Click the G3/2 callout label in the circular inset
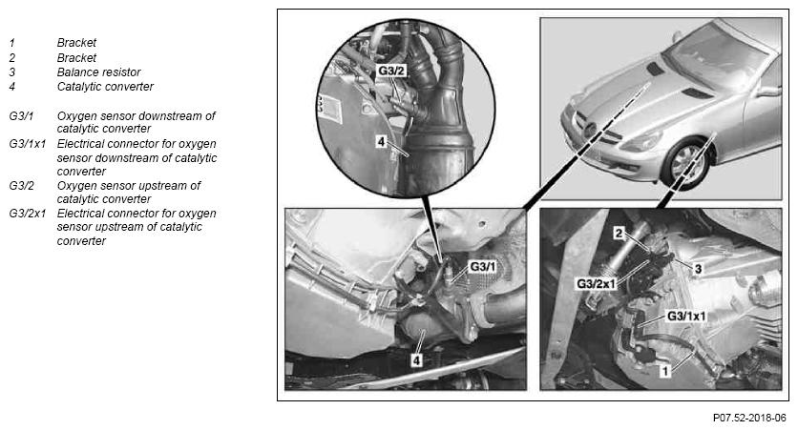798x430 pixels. click(391, 72)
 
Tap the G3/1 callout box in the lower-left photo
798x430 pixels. click(482, 266)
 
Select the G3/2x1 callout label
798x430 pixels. click(596, 283)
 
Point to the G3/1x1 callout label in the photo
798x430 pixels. click(686, 317)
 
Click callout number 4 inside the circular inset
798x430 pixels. click(381, 141)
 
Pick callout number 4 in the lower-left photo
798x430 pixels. click(416, 360)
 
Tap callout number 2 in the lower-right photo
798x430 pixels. click(619, 234)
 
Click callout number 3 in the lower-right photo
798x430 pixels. click(699, 268)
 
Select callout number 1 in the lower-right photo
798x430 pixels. click(664, 371)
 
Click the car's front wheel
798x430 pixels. click(687, 163)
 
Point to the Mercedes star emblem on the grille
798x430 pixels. click(590, 130)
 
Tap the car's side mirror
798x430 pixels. click(768, 92)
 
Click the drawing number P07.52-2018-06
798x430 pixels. click(749, 418)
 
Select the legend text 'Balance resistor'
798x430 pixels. click(98, 72)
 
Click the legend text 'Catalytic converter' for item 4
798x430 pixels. click(105, 87)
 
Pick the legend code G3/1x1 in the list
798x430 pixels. click(27, 144)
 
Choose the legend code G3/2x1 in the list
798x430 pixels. click(27, 214)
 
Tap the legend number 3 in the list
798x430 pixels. click(11, 72)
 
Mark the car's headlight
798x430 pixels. click(642, 141)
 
